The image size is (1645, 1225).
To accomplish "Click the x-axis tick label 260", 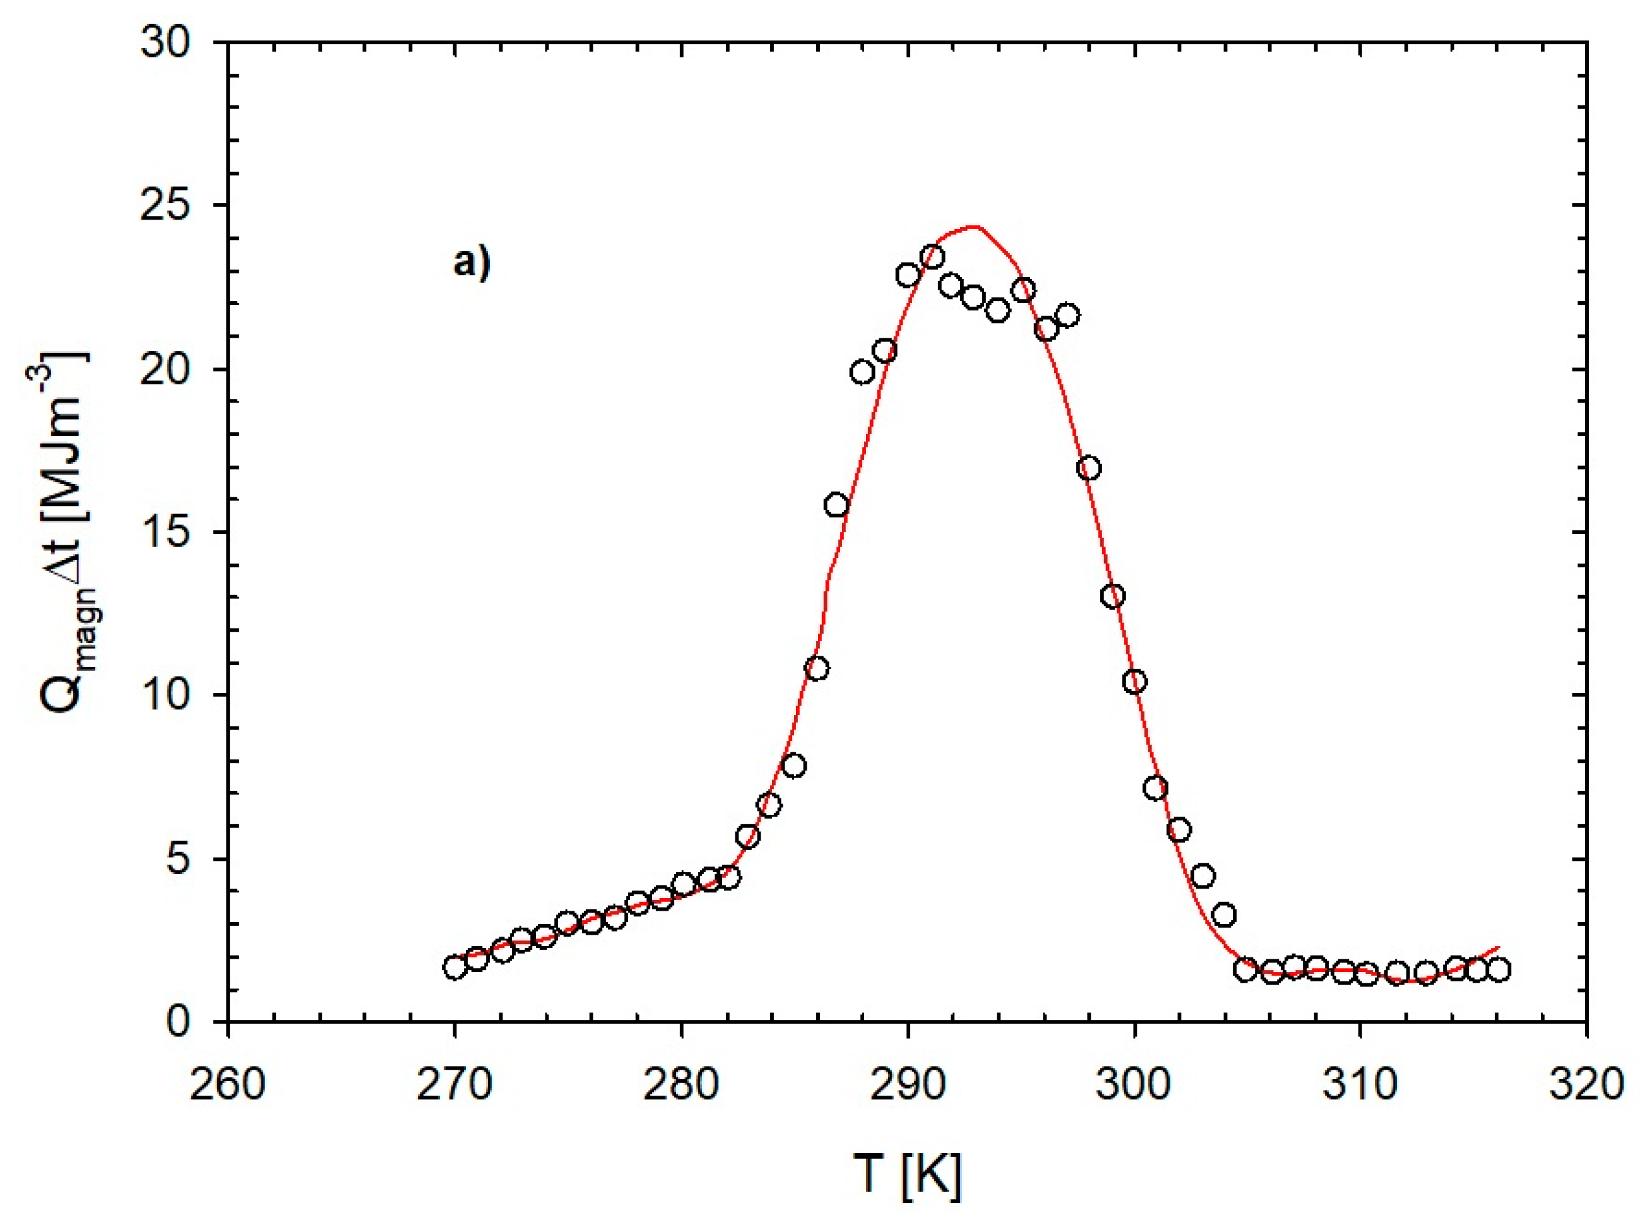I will [228, 1084].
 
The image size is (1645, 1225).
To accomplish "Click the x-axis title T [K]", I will [906, 1174].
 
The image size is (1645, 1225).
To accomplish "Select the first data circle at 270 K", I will [455, 967].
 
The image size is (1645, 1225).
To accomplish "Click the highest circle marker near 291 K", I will [932, 257].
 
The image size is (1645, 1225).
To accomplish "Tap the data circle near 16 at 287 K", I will [836, 505].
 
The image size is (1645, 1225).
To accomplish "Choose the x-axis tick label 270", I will [454, 1084].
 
